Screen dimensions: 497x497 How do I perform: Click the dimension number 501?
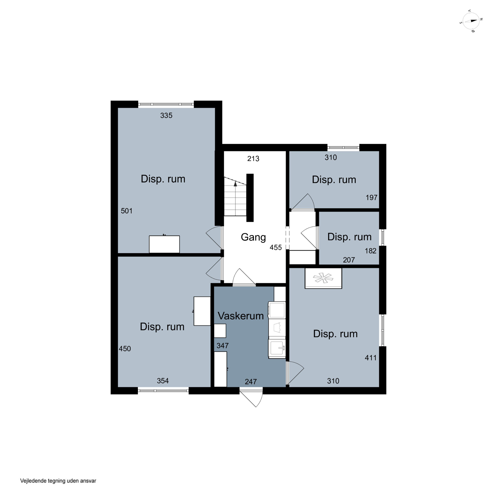pos(127,211)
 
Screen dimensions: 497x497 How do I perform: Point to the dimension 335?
pos(166,115)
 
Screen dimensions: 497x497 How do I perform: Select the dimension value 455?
pos(276,248)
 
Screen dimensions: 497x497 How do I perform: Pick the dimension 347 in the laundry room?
pos(222,345)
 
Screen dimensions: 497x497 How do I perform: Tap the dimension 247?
pos(251,382)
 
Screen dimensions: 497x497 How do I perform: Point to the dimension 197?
pos(371,198)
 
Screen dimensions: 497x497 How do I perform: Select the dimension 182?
pos(370,251)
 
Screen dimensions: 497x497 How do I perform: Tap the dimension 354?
pos(163,381)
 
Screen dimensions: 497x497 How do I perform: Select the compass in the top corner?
pos(471,21)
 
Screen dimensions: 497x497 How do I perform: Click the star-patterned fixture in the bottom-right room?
pos(323,278)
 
